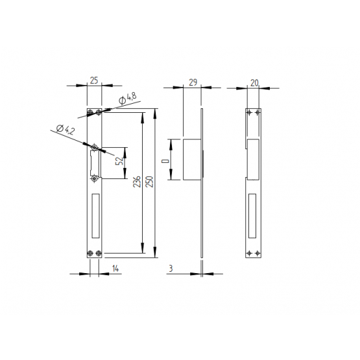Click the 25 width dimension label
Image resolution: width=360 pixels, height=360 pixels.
(x=94, y=80)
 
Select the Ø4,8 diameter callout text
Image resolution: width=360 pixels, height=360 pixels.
(x=128, y=98)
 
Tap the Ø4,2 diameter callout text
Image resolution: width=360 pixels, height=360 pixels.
(x=66, y=130)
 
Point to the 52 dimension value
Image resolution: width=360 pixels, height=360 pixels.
(x=119, y=161)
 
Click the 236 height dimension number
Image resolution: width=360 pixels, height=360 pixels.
(x=137, y=182)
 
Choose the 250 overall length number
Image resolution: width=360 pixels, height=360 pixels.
(x=149, y=182)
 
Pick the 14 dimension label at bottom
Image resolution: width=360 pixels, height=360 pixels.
(x=115, y=269)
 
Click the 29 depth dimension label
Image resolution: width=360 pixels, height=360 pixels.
(x=193, y=82)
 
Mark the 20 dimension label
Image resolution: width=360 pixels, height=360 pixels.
(x=254, y=83)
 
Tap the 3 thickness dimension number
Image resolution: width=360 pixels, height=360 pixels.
(x=171, y=269)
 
